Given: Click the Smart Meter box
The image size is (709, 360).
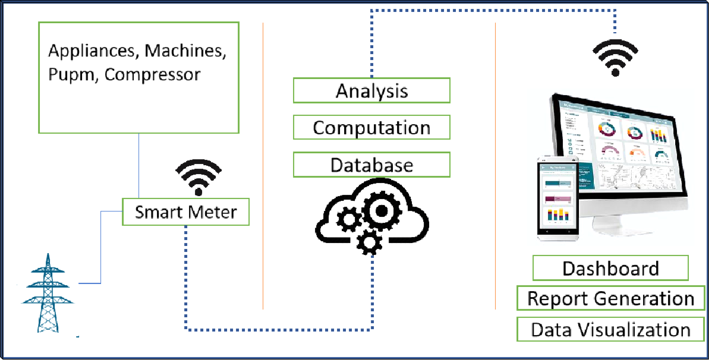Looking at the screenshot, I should [185, 212].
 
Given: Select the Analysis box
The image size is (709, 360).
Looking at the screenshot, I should [371, 91].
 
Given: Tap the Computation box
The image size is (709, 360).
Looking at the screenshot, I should [371, 128].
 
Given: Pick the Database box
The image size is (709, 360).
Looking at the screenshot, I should [371, 165].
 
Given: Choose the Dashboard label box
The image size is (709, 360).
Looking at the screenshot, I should [610, 269].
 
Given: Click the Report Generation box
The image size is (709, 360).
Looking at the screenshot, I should [610, 299].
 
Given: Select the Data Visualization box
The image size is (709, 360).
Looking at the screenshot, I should [610, 330].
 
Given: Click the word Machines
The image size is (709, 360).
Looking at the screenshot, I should [185, 51].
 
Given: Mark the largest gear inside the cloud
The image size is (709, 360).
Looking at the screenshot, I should [381, 210].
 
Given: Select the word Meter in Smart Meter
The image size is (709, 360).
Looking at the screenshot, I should [216, 212].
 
